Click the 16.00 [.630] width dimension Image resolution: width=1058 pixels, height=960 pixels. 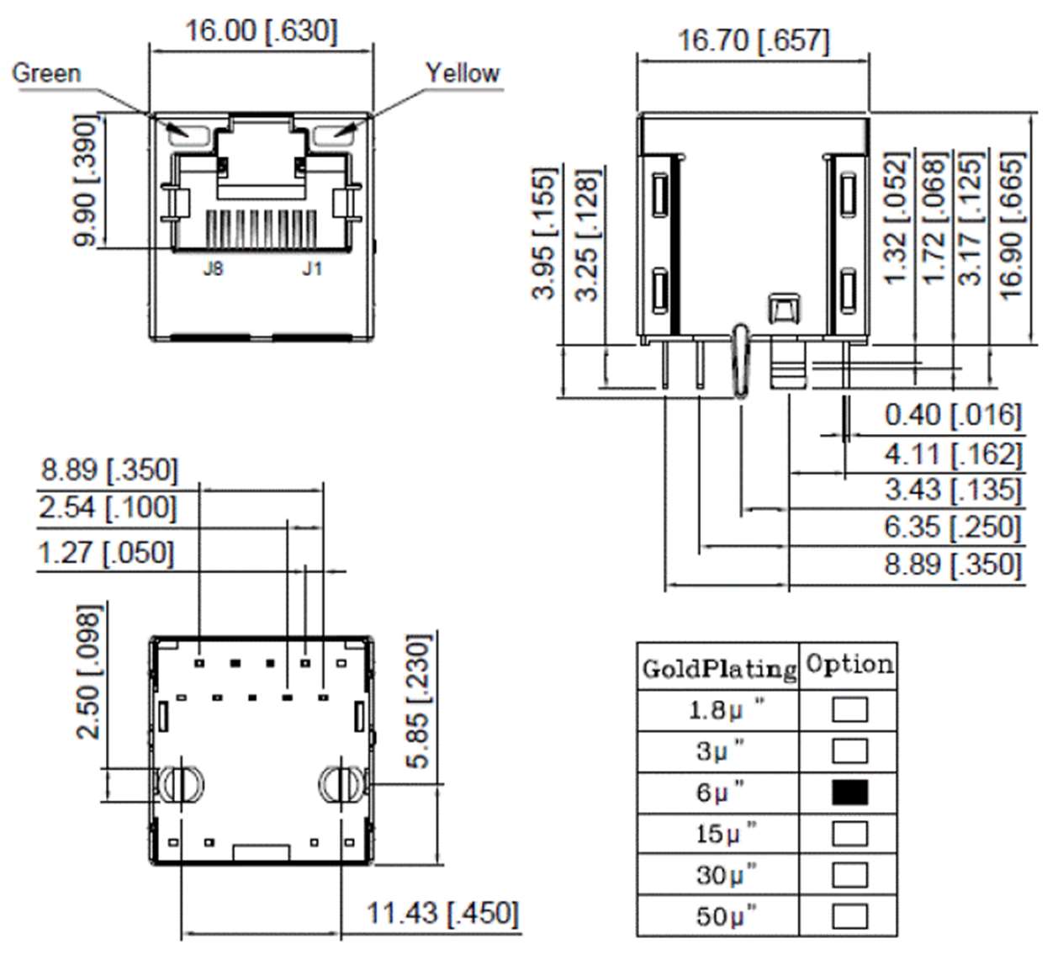(x=261, y=31)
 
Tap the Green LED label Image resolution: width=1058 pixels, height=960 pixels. (x=46, y=73)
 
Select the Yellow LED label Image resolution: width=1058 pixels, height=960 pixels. (x=462, y=73)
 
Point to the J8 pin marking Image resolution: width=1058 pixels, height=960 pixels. (x=213, y=268)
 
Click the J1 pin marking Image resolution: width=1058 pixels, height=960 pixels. (x=312, y=268)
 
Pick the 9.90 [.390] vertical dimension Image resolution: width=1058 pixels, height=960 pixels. (x=86, y=181)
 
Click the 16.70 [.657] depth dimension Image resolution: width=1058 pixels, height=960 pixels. (x=753, y=40)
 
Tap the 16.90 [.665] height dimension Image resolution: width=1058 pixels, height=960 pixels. (x=1011, y=225)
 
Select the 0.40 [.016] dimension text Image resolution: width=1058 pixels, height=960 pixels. (x=952, y=415)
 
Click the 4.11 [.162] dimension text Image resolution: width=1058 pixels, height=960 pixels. (x=952, y=454)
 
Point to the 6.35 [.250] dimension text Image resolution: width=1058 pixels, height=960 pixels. (x=952, y=528)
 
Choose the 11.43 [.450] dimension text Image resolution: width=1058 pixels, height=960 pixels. (x=442, y=913)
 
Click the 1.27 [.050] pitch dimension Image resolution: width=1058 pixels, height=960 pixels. (x=106, y=554)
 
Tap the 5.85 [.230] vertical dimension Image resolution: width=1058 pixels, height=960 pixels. (x=418, y=701)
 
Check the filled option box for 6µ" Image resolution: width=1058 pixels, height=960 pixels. (x=849, y=793)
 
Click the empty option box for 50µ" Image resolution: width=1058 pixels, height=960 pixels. (x=849, y=916)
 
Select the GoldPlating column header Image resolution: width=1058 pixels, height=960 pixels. (x=718, y=668)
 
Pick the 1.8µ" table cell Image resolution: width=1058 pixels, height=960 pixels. (x=718, y=710)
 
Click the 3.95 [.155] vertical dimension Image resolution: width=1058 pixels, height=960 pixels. (x=545, y=233)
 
